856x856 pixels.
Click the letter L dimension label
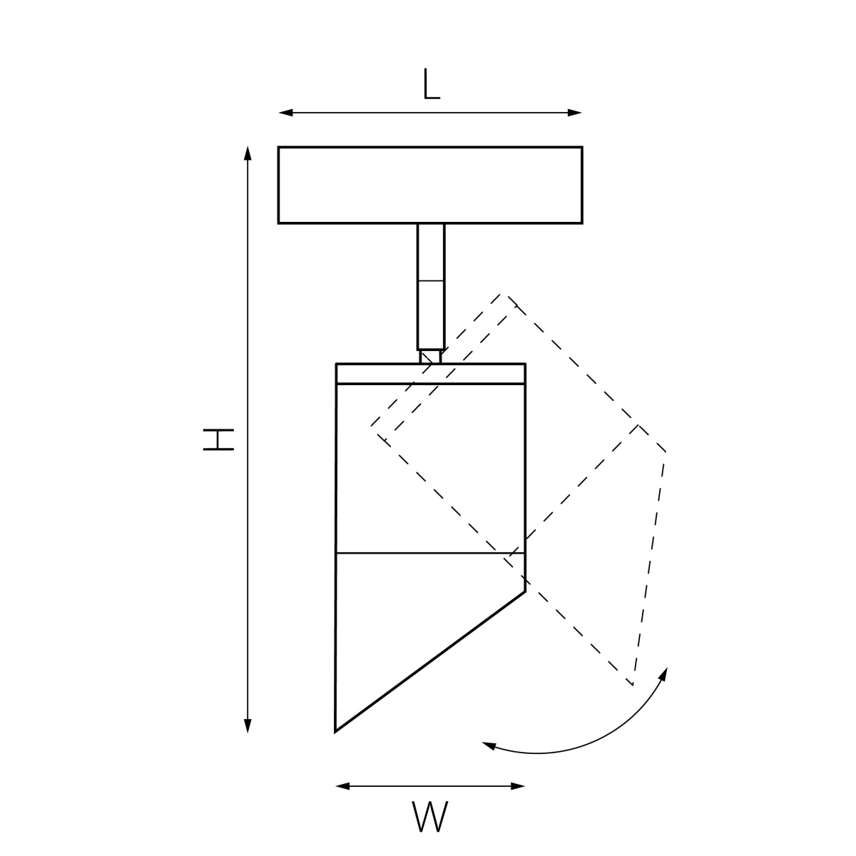coord(432,84)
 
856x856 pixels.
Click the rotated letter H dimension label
coord(218,439)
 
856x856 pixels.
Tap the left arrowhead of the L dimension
coord(285,113)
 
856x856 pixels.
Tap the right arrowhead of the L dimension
coord(575,113)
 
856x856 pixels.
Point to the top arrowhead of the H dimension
coord(248,153)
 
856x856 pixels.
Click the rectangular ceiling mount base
coord(430,185)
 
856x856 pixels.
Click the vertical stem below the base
coord(431,287)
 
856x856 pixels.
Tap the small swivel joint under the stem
coord(430,357)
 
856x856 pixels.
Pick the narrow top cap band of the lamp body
coord(430,374)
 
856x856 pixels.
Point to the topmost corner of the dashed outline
coord(504,295)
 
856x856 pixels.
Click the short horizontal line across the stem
coord(431,281)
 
